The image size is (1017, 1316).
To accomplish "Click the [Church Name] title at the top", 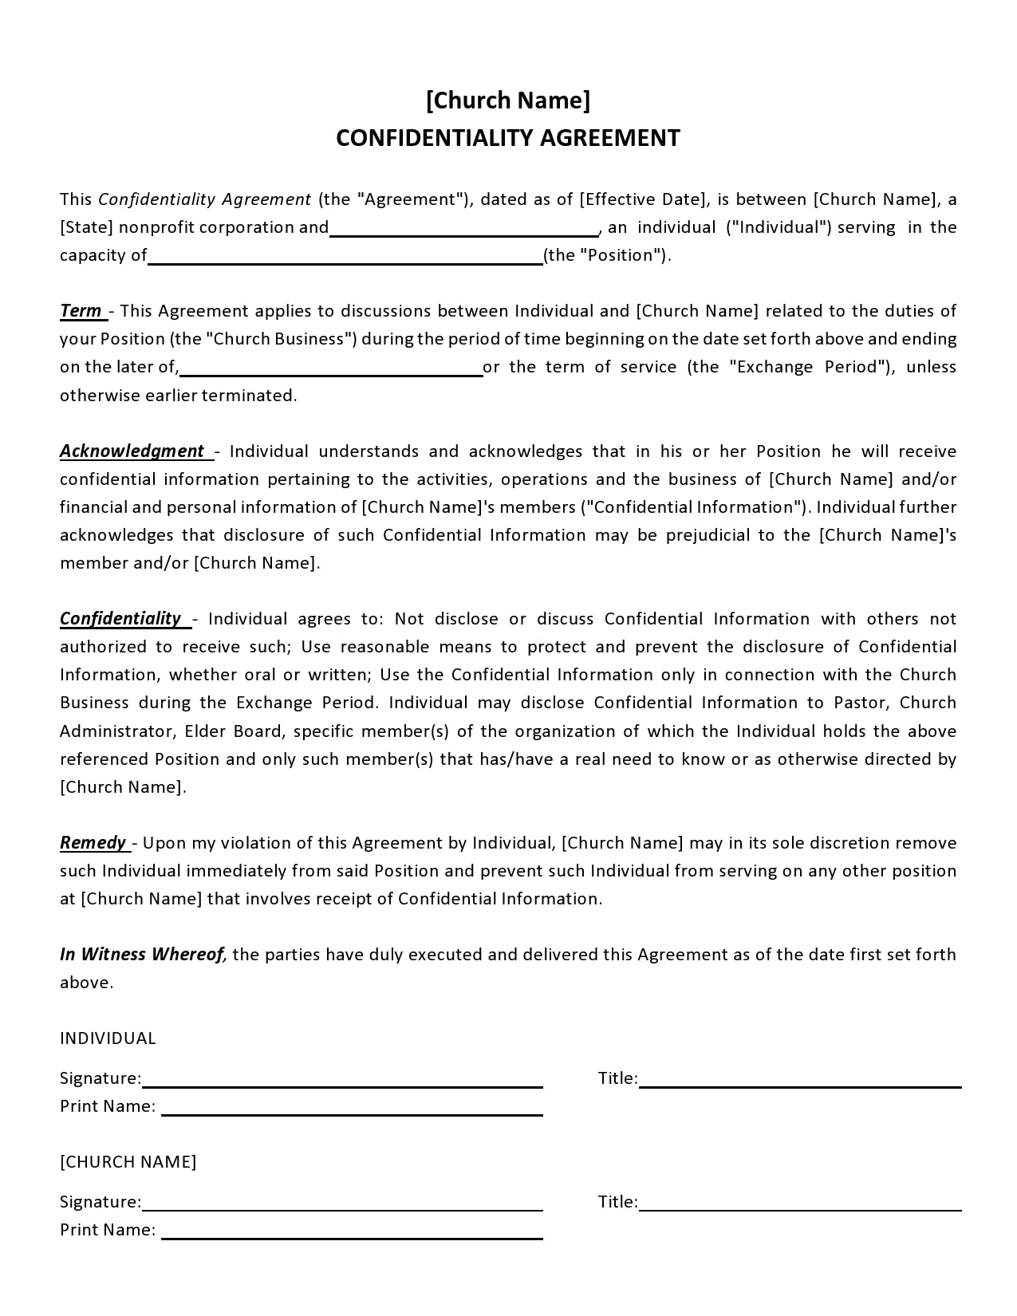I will point(508,100).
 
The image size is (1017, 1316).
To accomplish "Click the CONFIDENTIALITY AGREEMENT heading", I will point(508,138).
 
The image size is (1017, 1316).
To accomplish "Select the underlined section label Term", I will point(81,311).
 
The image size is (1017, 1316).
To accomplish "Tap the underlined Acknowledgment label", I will point(132,451).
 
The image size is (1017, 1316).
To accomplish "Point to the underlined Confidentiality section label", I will point(121,619).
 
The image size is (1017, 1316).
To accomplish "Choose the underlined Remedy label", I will point(93,843).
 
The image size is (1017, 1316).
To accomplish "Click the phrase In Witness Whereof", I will point(143,955).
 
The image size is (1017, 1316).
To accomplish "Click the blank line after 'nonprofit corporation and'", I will point(464,233).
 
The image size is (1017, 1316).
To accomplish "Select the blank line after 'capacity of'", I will point(345,261).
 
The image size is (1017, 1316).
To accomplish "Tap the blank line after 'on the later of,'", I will point(332,372).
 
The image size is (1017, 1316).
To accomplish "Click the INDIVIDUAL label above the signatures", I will point(108,1038).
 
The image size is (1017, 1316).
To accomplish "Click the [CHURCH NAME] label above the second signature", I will point(128,1162).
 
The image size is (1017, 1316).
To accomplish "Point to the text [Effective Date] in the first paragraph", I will point(643,199).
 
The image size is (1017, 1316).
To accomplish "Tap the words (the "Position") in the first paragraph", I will point(606,255).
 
